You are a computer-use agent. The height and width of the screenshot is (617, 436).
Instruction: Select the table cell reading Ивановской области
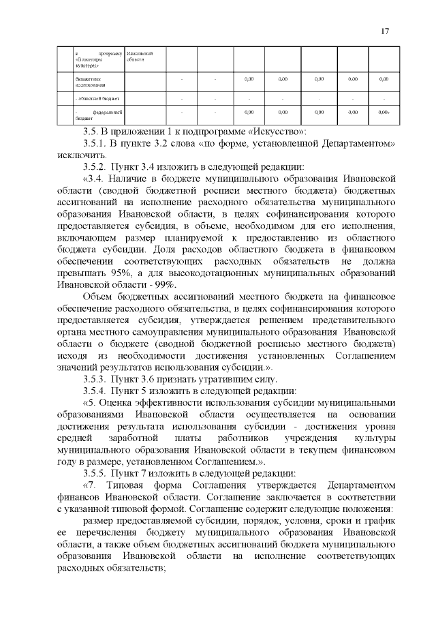139,55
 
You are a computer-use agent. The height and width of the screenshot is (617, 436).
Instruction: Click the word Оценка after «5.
122,402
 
